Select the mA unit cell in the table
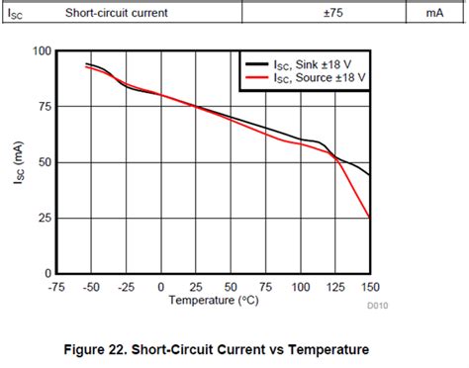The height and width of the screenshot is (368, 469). click(434, 13)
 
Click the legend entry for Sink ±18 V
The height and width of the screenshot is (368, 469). click(311, 61)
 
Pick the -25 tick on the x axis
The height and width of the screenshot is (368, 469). click(127, 286)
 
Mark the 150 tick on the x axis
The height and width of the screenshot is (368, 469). click(370, 286)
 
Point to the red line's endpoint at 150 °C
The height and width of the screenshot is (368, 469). click(370, 217)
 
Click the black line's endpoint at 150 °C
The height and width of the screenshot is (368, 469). click(370, 175)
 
